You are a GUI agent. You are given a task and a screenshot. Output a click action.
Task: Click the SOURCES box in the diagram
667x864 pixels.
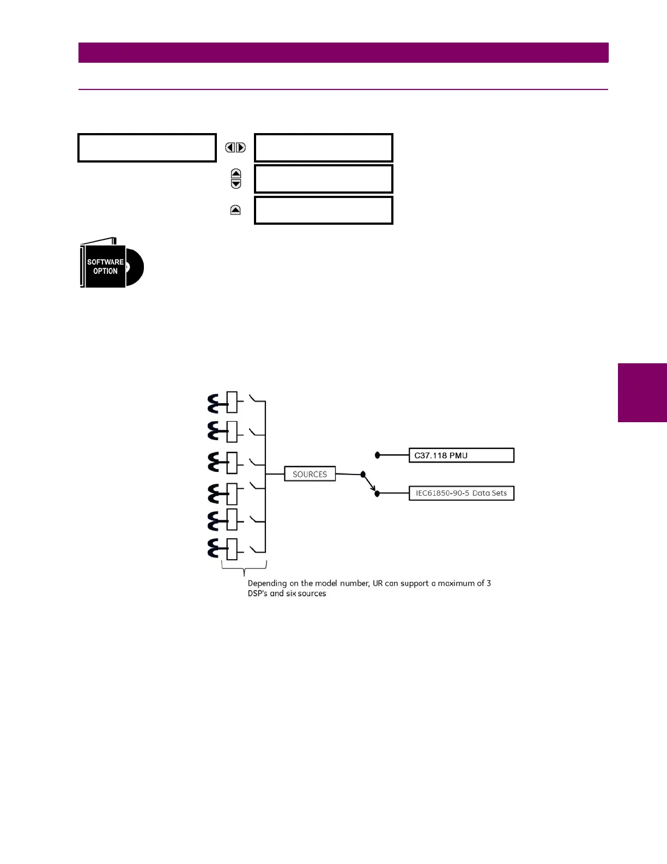310,474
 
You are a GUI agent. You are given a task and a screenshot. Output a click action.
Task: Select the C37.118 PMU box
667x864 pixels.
461,455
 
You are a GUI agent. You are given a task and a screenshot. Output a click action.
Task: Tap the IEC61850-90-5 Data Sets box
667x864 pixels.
461,493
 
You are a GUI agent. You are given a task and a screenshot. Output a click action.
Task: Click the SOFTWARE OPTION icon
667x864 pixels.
112,264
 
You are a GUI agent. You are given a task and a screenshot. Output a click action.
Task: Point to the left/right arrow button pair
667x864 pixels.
235,147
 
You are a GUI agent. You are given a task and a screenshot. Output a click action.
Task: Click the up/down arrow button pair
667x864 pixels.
236,178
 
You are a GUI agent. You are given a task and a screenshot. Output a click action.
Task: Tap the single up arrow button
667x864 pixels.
235,210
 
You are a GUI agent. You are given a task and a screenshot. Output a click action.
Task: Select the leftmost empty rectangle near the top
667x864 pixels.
147,147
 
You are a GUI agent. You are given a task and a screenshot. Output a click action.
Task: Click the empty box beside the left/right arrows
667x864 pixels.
323,147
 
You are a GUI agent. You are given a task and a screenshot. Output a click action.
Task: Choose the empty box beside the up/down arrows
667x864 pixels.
323,178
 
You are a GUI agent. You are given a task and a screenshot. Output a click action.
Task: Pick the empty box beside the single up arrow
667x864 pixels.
323,210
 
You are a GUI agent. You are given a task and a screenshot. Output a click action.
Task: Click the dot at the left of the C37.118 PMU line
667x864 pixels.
377,455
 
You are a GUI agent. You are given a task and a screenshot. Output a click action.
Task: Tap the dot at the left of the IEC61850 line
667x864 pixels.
377,494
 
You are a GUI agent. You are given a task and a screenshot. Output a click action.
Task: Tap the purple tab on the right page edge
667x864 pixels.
642,393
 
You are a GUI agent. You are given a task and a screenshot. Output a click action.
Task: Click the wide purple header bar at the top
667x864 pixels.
343,53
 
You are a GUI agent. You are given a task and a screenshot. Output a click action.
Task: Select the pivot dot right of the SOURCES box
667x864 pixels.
363,475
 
